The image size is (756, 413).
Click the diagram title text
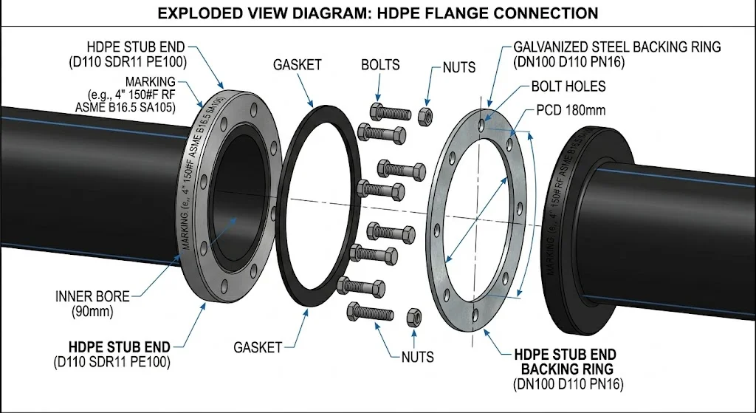[x=377, y=13]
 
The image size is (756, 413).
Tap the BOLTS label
[x=382, y=65]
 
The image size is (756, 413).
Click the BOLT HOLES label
[x=568, y=86]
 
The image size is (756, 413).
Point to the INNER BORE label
[x=92, y=296]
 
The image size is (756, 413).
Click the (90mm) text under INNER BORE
[x=92, y=312]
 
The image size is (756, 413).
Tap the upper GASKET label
[x=297, y=65]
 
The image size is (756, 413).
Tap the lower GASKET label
[x=258, y=347]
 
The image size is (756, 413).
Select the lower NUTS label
[x=418, y=357]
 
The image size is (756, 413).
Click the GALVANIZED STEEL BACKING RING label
[x=616, y=47]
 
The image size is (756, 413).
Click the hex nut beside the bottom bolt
[x=414, y=316]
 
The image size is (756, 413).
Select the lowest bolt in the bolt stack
[x=372, y=312]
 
